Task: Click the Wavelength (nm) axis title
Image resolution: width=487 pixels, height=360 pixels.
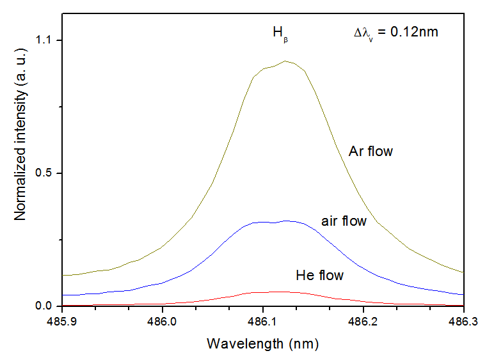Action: (x=262, y=343)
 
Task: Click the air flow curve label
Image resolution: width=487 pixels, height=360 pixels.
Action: (x=344, y=221)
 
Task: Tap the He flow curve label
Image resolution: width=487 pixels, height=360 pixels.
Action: (x=320, y=276)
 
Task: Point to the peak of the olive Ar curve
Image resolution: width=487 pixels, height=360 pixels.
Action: (x=285, y=61)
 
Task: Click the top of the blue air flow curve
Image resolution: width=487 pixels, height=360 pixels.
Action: (x=285, y=221)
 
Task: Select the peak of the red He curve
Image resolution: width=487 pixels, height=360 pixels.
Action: (x=275, y=292)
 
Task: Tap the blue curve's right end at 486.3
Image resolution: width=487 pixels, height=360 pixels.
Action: (x=463, y=295)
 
